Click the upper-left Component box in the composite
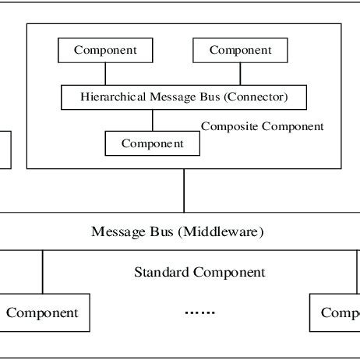tap(105, 51)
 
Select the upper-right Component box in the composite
tap(240, 51)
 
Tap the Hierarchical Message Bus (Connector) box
tap(184, 97)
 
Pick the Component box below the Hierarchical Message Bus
tap(152, 143)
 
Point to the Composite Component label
tap(262, 125)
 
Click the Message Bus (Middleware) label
tap(178, 231)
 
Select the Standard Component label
tap(199, 272)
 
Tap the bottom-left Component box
tap(43, 313)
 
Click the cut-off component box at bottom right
tap(335, 313)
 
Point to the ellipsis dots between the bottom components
tap(199, 312)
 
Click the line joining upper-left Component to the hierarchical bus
tap(105, 74)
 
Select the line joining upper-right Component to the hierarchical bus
tap(240, 74)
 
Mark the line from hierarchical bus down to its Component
tap(152, 120)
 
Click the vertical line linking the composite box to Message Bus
tap(184, 190)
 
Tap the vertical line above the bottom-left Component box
tap(43, 273)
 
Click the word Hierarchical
tap(110, 97)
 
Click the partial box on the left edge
tap(5, 150)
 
